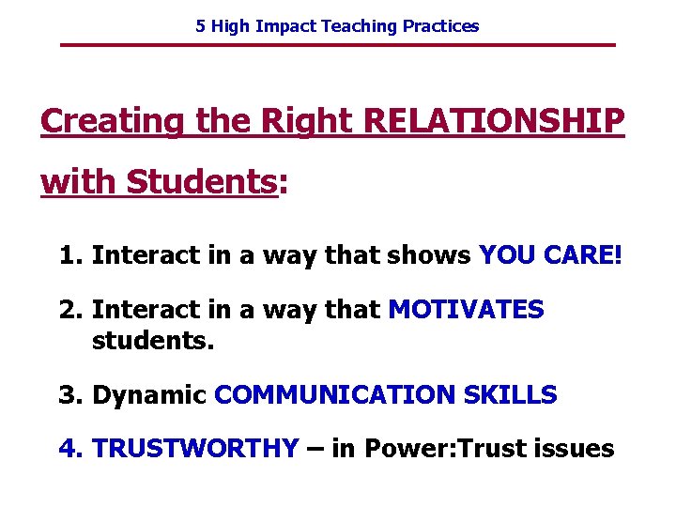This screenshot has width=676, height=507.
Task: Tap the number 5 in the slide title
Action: click(201, 26)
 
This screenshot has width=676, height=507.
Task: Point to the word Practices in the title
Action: click(440, 26)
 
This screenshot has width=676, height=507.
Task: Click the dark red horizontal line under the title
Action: click(338, 45)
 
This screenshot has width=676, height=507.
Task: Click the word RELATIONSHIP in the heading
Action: click(493, 121)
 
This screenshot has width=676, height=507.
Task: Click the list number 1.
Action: click(69, 255)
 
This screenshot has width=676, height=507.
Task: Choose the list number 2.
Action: click(69, 309)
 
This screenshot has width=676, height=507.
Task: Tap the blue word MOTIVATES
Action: click(466, 309)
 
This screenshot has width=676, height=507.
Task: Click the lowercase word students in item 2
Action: click(153, 339)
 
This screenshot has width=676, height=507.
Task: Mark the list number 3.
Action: click(69, 395)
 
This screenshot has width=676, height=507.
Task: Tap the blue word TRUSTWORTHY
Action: click(195, 449)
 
